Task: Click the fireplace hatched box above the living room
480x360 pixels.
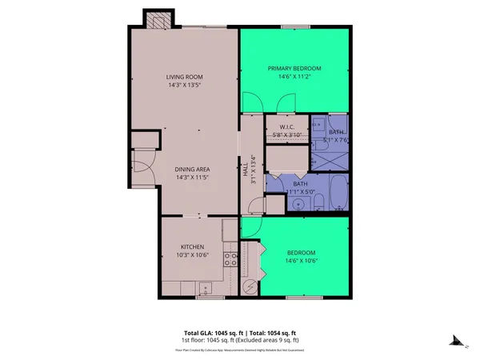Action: tap(155, 18)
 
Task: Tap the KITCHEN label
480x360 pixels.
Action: tap(192, 246)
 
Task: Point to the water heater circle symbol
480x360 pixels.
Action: tap(249, 286)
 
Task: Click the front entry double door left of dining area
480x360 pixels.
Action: tap(140, 171)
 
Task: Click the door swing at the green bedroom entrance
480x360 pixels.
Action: tap(250, 228)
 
